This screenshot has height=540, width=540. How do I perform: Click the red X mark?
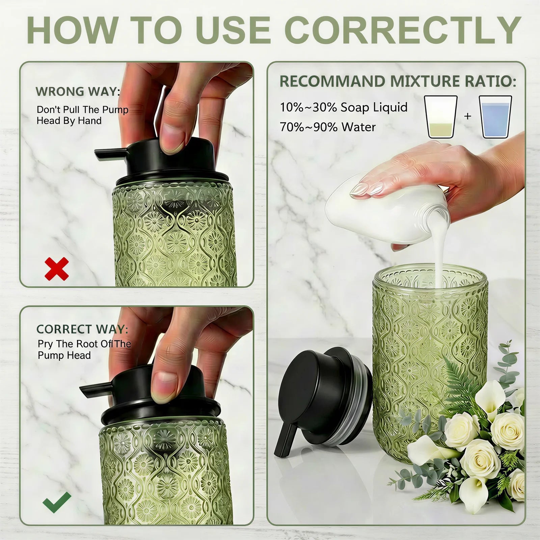coord(57,269)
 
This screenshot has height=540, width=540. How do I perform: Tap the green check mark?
coord(57,502)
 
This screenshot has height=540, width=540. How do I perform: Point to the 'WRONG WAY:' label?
coord(78,91)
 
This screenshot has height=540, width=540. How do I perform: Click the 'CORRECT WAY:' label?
coord(82,329)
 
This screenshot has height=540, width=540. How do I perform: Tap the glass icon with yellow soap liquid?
coord(441,117)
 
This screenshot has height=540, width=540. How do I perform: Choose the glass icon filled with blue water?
coord(495,117)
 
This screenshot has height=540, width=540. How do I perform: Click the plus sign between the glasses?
coord(467,116)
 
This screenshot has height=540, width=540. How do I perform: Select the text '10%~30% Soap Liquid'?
coord(344,107)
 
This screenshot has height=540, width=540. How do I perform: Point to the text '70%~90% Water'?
coord(327,127)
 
